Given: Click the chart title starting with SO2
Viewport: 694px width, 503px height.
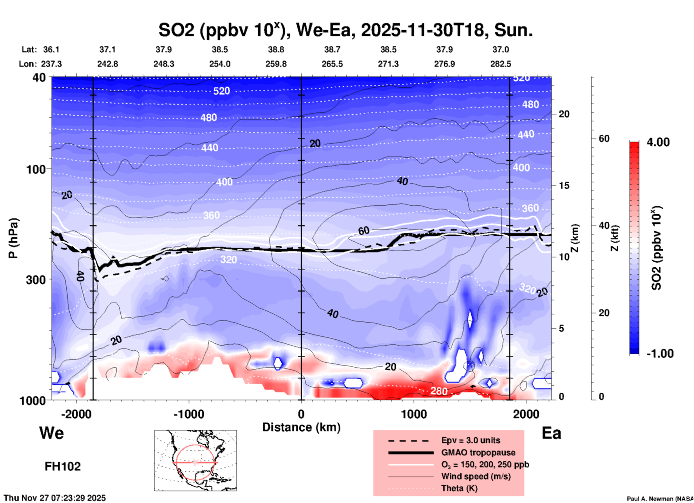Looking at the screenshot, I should pyautogui.click(x=345, y=30).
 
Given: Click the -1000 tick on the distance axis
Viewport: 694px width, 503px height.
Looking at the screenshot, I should pyautogui.click(x=189, y=414).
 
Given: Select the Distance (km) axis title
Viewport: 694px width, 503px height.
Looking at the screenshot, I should pyautogui.click(x=301, y=427).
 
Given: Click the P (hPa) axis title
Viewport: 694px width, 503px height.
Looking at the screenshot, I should pyautogui.click(x=13, y=238).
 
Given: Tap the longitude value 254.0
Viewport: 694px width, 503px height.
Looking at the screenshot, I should pyautogui.click(x=220, y=64).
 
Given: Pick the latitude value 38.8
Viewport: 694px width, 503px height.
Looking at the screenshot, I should pyautogui.click(x=276, y=49).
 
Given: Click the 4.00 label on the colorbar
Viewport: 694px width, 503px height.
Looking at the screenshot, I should pyautogui.click(x=658, y=142).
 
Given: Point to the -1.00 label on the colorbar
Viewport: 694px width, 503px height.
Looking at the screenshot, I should pyautogui.click(x=660, y=354).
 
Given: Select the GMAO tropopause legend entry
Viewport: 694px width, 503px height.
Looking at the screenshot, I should pyautogui.click(x=478, y=452).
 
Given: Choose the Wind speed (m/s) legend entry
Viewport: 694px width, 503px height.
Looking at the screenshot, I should pyautogui.click(x=476, y=476).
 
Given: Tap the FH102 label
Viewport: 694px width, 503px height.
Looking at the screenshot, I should pyautogui.click(x=63, y=467).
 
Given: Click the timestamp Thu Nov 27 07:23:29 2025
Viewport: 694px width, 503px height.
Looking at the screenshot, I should pyautogui.click(x=55, y=498).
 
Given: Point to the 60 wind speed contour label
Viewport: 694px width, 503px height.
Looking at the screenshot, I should pyautogui.click(x=364, y=231).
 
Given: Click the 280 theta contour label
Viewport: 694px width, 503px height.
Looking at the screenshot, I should pyautogui.click(x=439, y=391).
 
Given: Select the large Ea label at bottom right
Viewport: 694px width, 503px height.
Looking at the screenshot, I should pyautogui.click(x=551, y=433).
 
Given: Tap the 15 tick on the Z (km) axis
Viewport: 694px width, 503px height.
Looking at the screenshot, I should pyautogui.click(x=564, y=185).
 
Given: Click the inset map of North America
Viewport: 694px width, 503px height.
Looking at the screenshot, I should pyautogui.click(x=195, y=460).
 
